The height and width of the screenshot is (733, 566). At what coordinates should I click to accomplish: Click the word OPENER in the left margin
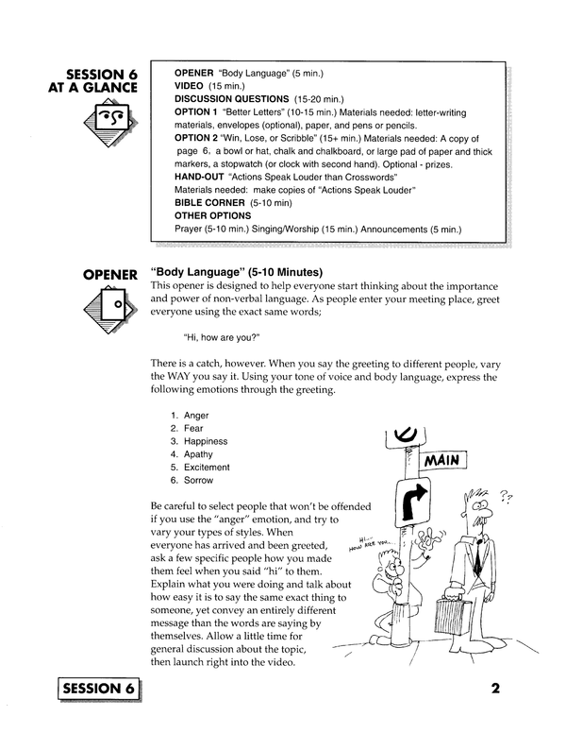pos(111,275)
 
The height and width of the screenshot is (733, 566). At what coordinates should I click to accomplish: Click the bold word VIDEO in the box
pos(193,85)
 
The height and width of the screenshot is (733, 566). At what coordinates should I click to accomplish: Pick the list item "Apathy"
pos(198,454)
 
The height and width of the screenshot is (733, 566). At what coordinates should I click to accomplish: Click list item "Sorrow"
pos(198,480)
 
